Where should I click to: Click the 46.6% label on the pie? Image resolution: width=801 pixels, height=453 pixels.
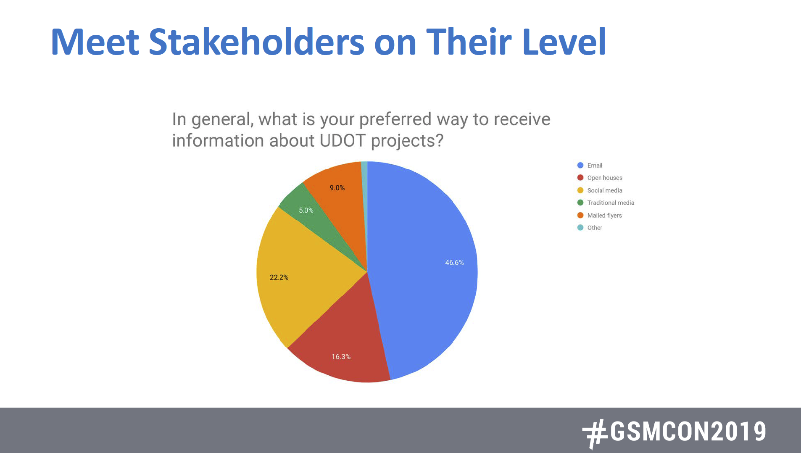[454, 263]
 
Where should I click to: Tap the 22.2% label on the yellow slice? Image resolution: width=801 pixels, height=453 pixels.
[279, 277]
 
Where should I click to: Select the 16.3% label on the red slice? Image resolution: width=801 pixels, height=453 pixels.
[341, 357]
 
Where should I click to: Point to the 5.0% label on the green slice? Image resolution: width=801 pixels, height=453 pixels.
[306, 210]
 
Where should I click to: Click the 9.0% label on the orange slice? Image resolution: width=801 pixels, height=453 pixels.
[337, 188]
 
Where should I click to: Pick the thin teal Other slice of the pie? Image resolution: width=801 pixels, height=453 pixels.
[364, 189]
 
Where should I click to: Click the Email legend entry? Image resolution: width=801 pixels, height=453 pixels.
[594, 166]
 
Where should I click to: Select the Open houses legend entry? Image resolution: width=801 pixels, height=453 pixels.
[604, 178]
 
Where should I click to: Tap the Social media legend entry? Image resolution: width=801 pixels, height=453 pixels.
[604, 190]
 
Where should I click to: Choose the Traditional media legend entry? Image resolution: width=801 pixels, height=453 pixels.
[610, 203]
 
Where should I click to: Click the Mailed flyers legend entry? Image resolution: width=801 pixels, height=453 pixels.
[604, 215]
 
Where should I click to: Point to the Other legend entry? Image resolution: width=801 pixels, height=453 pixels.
[594, 228]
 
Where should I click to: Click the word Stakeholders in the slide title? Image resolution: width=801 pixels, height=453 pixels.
[256, 42]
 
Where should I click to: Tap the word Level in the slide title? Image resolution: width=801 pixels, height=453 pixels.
[564, 42]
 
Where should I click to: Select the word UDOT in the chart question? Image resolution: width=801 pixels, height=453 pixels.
[342, 140]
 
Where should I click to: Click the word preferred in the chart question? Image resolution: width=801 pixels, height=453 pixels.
[395, 119]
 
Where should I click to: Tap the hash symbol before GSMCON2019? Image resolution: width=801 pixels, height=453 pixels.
[595, 433]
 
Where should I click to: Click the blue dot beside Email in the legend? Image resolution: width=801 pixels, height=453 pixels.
[580, 166]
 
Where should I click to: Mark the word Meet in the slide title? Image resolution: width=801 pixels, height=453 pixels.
[95, 42]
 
